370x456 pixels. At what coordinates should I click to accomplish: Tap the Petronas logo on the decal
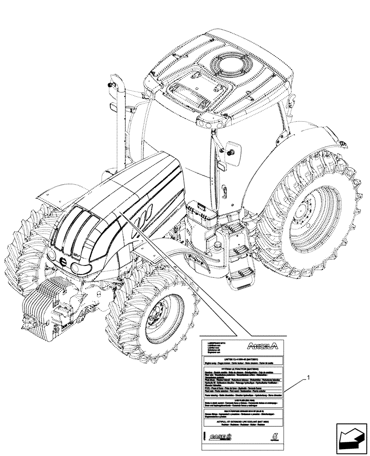pos(274,436)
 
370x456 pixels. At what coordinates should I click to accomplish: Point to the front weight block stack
pos(43,306)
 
